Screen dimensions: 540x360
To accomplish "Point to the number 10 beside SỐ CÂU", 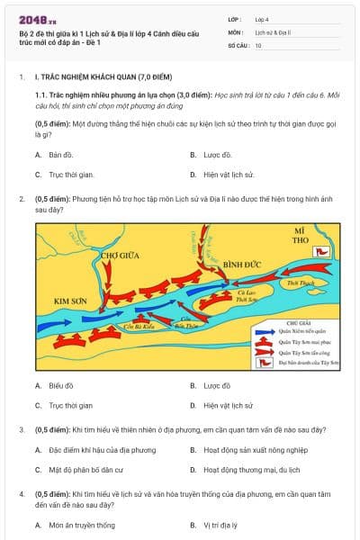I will pyautogui.click(x=258, y=45).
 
